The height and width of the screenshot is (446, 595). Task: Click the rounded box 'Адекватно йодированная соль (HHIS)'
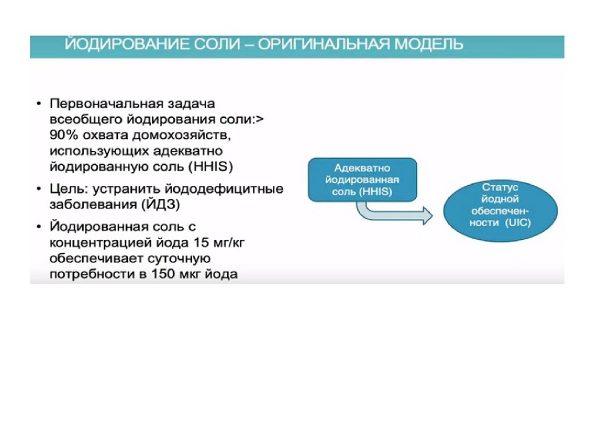click(x=362, y=179)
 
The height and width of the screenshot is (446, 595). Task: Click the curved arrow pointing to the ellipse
click(x=395, y=214)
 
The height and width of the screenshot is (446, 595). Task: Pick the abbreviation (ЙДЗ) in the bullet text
click(x=163, y=205)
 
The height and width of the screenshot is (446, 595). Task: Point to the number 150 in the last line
click(x=163, y=274)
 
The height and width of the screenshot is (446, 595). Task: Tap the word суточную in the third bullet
click(x=175, y=258)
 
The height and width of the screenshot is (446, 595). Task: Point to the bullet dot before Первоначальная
click(x=38, y=105)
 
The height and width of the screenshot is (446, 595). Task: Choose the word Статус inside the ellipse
click(x=500, y=188)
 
